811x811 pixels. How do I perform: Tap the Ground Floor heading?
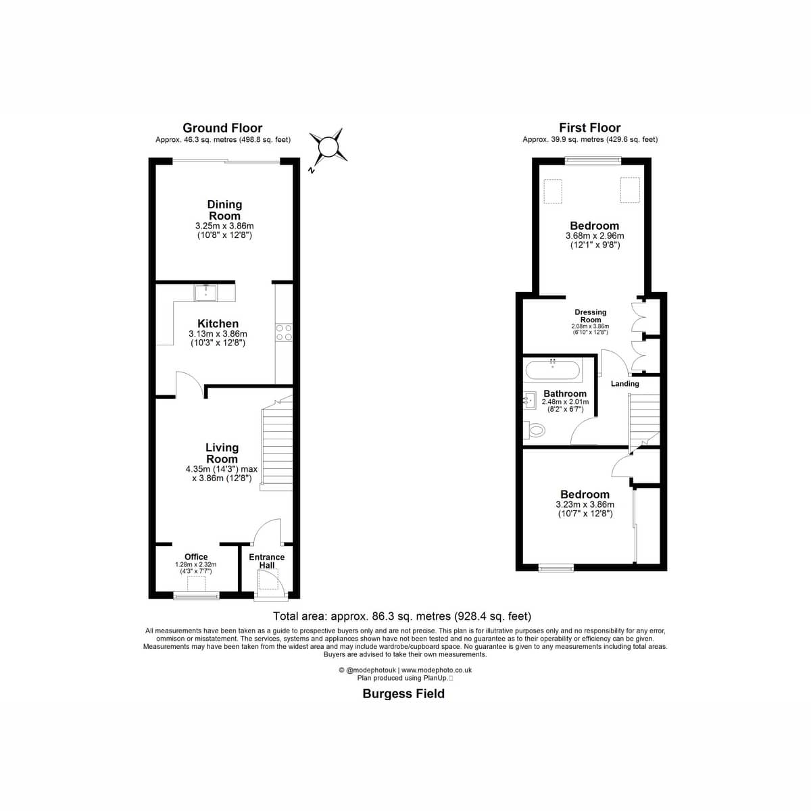[222, 128]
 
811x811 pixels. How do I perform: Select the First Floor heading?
[589, 128]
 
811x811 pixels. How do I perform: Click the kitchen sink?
[206, 293]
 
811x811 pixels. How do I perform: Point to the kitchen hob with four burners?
[284, 333]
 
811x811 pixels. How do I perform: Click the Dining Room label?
[225, 210]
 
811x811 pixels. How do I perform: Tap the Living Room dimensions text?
[222, 474]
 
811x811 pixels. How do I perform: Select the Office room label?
[196, 556]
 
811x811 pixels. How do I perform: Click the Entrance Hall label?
[267, 561]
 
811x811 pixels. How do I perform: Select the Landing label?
[625, 384]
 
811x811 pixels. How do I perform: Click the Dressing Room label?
[591, 316]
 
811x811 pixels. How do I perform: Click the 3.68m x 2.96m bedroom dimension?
[595, 236]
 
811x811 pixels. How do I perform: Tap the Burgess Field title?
[403, 693]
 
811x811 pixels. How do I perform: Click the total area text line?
[402, 616]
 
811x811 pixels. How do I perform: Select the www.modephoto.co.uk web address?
[437, 670]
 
